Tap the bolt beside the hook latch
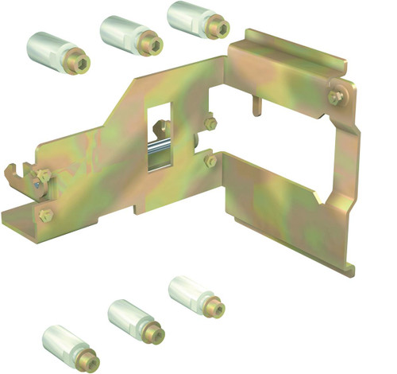click(42, 175)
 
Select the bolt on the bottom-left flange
click(46, 215)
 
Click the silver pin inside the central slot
click(161, 150)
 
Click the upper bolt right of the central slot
click(210, 124)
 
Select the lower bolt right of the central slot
click(210, 162)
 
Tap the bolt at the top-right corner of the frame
click(337, 97)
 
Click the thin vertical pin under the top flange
click(256, 106)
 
